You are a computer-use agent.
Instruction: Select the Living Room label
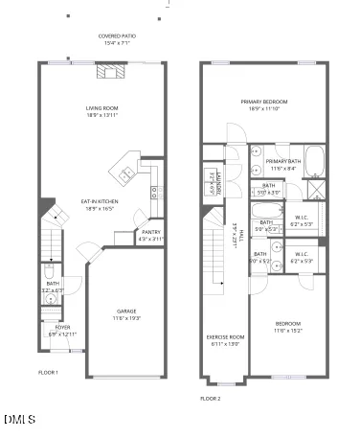tap(101, 112)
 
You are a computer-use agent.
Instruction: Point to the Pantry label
tap(151, 235)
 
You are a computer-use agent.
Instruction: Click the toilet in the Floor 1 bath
tap(50, 297)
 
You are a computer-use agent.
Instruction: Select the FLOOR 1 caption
tap(48, 372)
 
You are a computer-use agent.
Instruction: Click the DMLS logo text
tap(19, 420)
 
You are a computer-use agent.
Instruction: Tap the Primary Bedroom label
tap(265, 104)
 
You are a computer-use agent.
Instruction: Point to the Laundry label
tap(219, 179)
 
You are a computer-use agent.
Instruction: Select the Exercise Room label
tap(226, 340)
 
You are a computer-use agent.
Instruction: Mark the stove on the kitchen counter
tap(154, 193)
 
